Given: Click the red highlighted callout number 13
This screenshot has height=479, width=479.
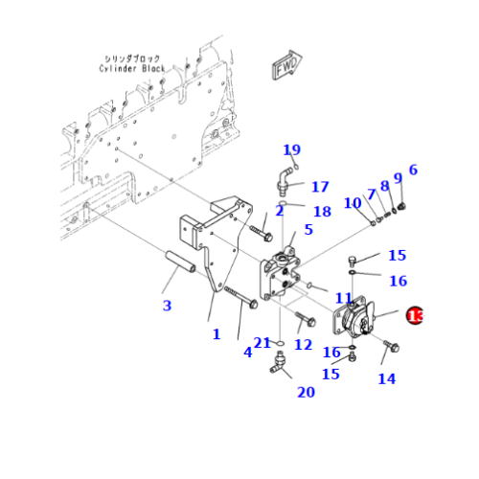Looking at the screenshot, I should pyautogui.click(x=415, y=315).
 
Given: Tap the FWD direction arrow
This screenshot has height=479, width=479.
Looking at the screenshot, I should pyautogui.click(x=285, y=68).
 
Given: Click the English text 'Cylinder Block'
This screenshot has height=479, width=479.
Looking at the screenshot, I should pyautogui.click(x=132, y=68).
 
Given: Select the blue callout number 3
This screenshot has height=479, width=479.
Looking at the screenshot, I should pyautogui.click(x=167, y=306).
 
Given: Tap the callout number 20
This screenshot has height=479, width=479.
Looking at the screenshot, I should pyautogui.click(x=306, y=392).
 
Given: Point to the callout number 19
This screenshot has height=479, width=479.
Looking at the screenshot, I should pyautogui.click(x=291, y=149).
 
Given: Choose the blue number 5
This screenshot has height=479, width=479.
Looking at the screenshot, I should pyautogui.click(x=308, y=230).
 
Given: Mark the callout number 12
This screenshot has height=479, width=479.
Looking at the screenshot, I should pyautogui.click(x=304, y=345).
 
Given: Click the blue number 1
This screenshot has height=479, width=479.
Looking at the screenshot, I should pyautogui.click(x=217, y=334).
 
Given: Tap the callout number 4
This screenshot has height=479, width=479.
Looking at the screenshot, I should pyautogui.click(x=247, y=352).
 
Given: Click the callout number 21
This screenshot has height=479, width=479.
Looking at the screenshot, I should pyautogui.click(x=262, y=344).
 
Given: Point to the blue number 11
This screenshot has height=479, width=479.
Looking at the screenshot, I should pyautogui.click(x=344, y=300).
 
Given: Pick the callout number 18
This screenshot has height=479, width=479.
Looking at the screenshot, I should pyautogui.click(x=322, y=211).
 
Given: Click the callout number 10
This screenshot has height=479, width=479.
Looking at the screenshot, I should pyautogui.click(x=352, y=203).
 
